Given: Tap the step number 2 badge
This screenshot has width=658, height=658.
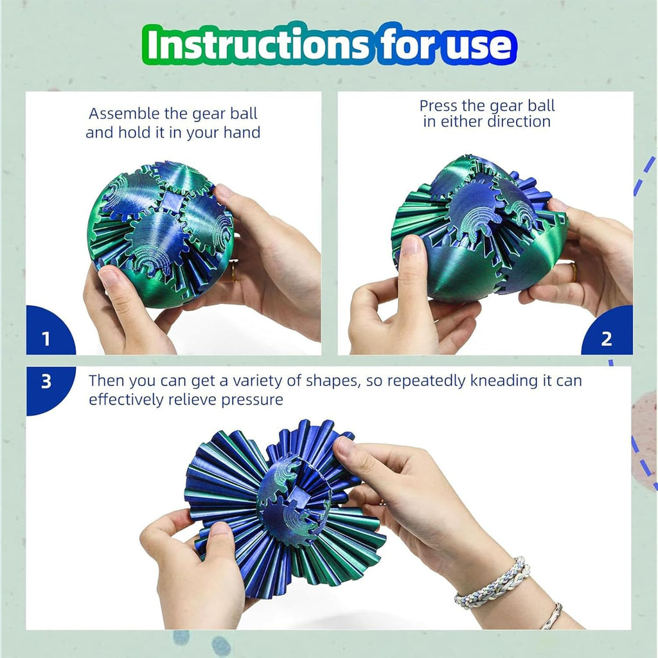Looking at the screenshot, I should click(x=606, y=339).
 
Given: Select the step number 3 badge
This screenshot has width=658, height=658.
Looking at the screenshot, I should click(x=46, y=382).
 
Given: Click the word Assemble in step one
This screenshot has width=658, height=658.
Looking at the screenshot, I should click(x=124, y=114).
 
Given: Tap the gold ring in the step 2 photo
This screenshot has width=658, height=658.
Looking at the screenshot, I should click(x=573, y=272).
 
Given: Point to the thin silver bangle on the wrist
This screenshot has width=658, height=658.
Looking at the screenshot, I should click(x=551, y=616).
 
